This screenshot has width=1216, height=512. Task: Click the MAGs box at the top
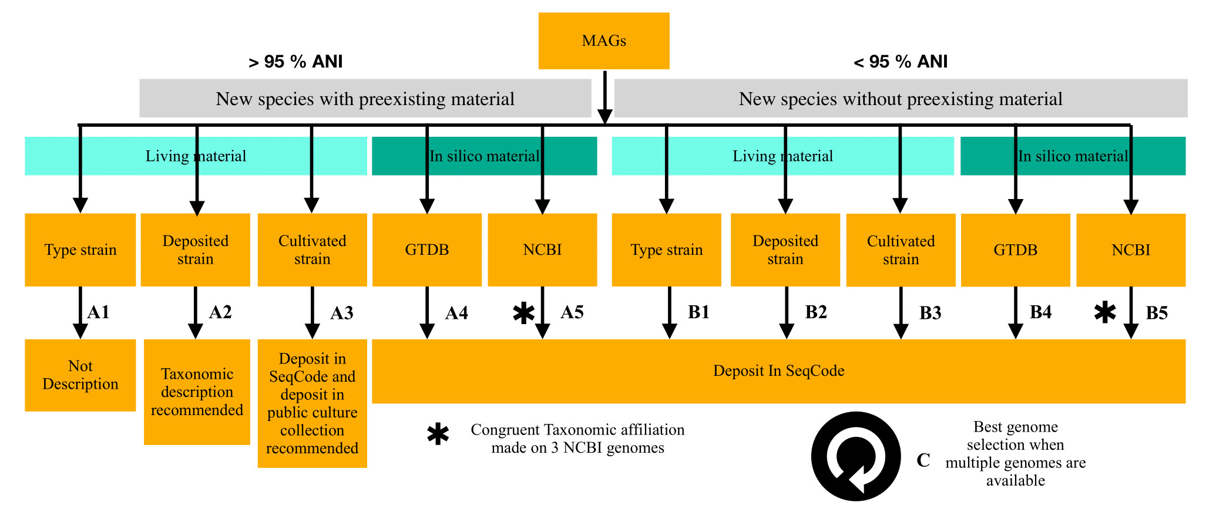pos(604,41)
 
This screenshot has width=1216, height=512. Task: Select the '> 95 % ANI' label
pos(295,62)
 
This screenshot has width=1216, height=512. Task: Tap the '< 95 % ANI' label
pos(901,62)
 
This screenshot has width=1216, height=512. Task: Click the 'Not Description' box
pos(80,375)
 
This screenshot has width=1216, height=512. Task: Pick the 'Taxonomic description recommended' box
pos(197,392)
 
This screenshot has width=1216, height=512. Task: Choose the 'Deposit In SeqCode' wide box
pos(779,371)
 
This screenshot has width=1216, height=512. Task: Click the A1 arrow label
pos(99,312)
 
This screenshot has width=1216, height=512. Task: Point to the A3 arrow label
pos(342,313)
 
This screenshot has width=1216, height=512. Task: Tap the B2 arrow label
pos(816,312)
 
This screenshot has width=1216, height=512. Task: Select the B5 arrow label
pos(1157,313)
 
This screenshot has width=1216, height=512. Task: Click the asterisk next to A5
pos(523,313)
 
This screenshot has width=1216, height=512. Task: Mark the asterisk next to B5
pos(1105,312)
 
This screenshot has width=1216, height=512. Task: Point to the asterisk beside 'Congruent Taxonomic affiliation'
pos(438,435)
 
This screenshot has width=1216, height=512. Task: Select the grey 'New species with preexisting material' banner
pos(365,99)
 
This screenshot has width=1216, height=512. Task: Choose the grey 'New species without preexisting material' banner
pos(901,99)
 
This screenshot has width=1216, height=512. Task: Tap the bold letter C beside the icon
pos(923,460)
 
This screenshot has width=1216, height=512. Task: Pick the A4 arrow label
pos(456,313)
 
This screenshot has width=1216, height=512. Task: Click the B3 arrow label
pos(931,313)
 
